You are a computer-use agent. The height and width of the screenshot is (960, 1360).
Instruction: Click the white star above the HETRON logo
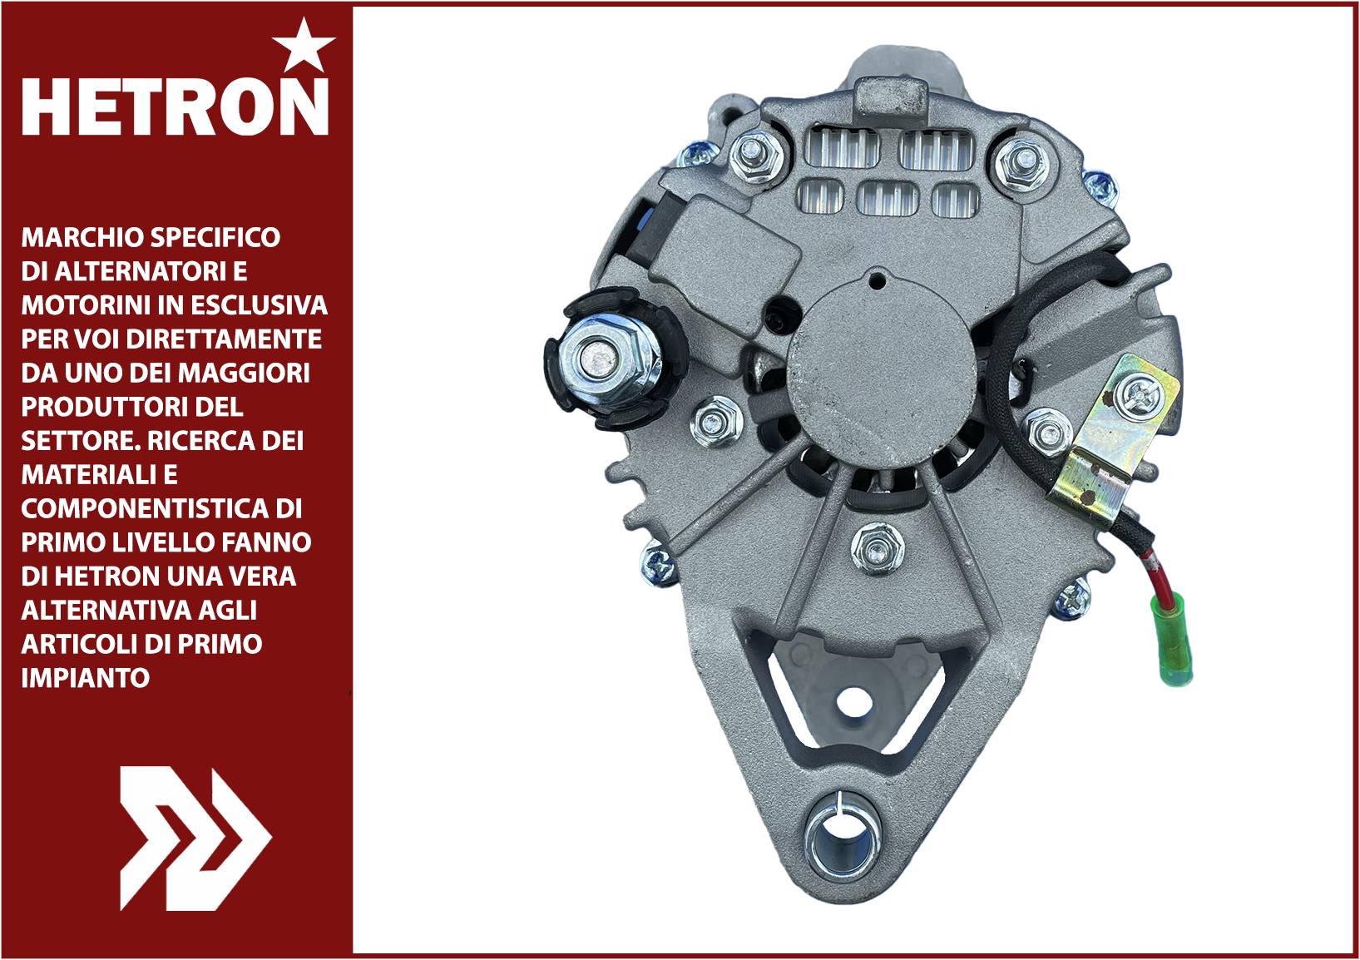pos(304,46)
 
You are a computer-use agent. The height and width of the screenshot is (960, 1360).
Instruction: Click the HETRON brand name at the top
pos(176,106)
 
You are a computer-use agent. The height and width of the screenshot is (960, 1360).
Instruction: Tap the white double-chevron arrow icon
pos(195,838)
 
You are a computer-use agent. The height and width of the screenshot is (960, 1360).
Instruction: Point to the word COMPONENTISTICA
pos(145,509)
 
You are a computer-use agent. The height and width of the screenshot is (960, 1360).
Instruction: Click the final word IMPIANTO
pos(86,678)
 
